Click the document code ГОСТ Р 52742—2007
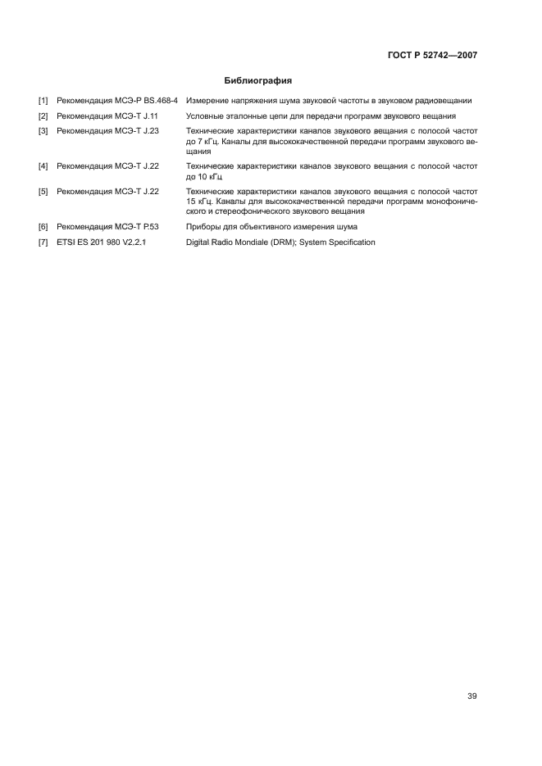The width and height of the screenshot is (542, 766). [x=432, y=57]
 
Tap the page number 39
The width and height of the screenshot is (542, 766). [x=471, y=696]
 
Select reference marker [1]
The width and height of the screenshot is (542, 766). [x=43, y=101]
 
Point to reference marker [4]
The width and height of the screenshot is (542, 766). [x=43, y=166]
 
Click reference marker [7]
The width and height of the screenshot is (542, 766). [x=43, y=242]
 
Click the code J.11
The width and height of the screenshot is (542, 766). [x=148, y=116]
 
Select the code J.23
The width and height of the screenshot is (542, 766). [x=148, y=130]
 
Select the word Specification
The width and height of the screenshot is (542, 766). [x=349, y=242]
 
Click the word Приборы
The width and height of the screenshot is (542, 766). [x=205, y=226]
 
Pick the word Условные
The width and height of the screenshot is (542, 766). [x=207, y=116]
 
